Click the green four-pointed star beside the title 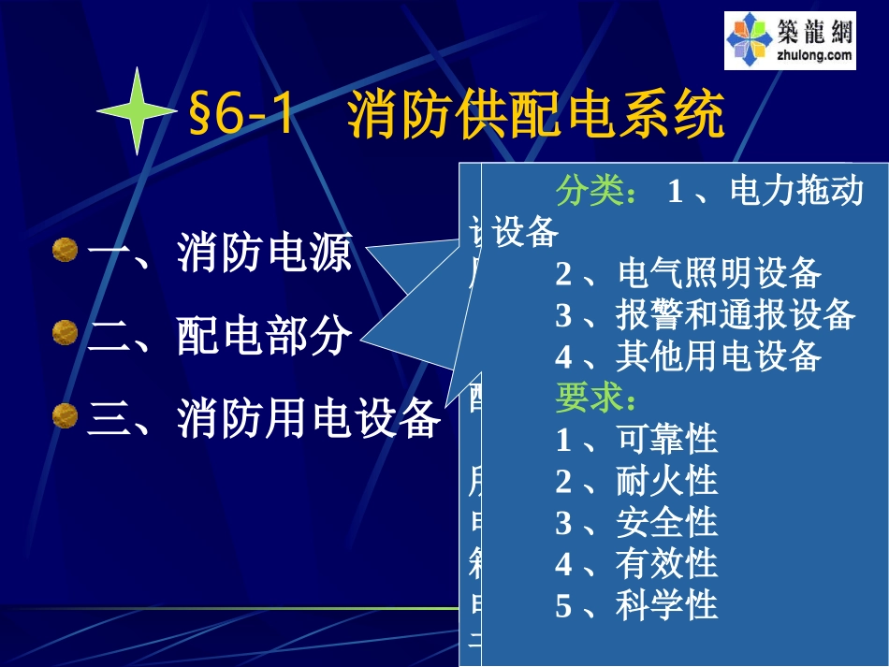click(138, 110)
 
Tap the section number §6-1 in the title click(241, 117)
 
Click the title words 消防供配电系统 click(536, 117)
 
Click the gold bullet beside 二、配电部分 click(65, 332)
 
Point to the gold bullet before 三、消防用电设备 click(65, 414)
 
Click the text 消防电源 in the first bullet click(265, 253)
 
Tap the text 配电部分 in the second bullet click(265, 335)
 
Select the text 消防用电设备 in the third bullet click(309, 417)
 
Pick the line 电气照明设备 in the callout click(719, 273)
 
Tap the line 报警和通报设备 click(736, 314)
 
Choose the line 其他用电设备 click(719, 355)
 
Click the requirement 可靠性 click(666, 439)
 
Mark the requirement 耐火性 click(666, 481)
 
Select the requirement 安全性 click(666, 522)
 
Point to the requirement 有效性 click(666, 563)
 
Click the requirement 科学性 click(666, 605)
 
